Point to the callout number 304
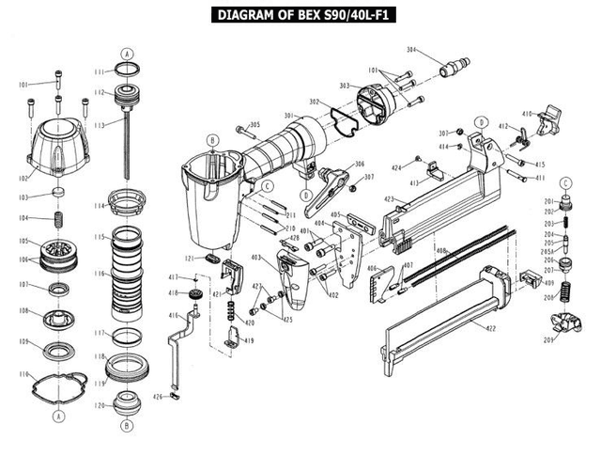[411, 49]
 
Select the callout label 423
[389, 198]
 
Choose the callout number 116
[100, 273]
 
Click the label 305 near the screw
[254, 125]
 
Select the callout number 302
[315, 102]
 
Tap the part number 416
[173, 316]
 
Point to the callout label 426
[160, 397]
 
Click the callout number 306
[359, 165]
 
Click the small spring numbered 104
[59, 218]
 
